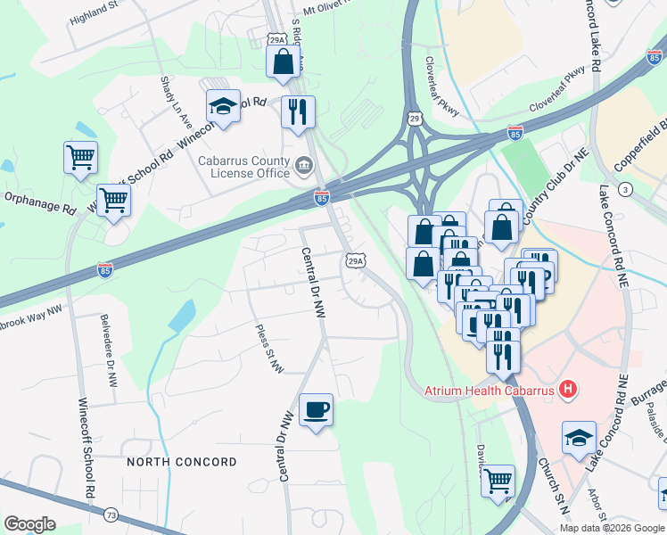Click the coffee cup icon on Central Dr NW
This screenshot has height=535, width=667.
316,411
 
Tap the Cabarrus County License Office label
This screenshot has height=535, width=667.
243,167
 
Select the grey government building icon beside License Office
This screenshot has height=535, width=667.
303,165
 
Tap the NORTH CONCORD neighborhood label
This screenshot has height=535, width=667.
182,462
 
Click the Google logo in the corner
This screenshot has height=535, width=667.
29,524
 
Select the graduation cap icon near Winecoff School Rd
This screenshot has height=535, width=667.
223,108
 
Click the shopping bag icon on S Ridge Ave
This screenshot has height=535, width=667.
283,62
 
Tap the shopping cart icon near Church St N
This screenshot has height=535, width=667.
498,481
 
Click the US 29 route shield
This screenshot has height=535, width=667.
415,118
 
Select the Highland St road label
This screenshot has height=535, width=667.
94,12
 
